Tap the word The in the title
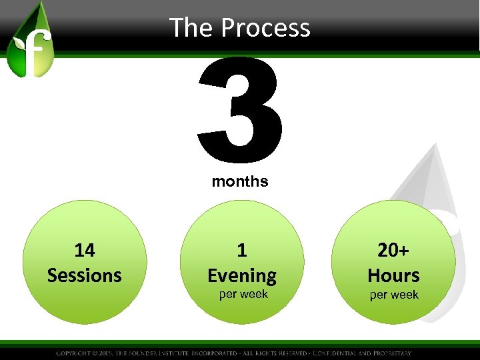coord(191,28)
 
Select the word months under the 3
coord(240,181)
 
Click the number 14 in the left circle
coord(85,250)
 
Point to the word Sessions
coord(85,275)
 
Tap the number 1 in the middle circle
coord(242,250)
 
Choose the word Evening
coord(242,275)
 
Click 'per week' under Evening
coord(243,294)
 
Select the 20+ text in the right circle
coord(393,250)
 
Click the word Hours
coord(393,275)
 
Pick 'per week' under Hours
coord(394,294)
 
